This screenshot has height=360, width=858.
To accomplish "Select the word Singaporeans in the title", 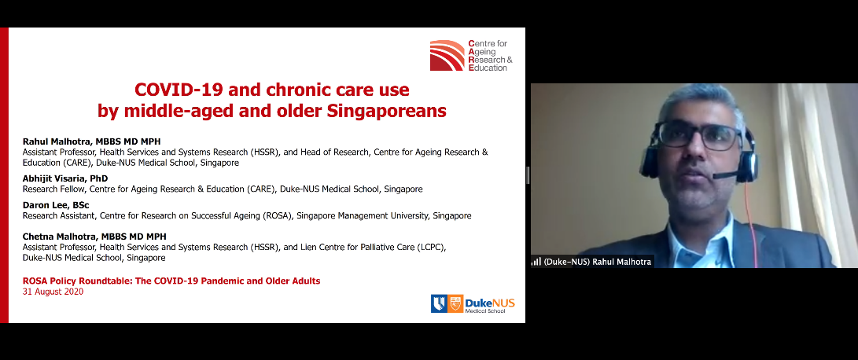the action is point(386,111).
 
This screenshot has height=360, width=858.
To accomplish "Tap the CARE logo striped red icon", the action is point(447,55).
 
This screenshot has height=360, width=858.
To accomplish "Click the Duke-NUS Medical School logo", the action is point(473,303).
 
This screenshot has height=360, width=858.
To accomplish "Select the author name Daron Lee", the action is point(45,205).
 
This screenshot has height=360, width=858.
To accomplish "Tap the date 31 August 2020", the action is point(53,292).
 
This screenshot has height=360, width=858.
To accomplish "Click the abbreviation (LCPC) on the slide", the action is point(429,247).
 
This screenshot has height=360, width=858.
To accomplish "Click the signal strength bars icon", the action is point(536,262).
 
